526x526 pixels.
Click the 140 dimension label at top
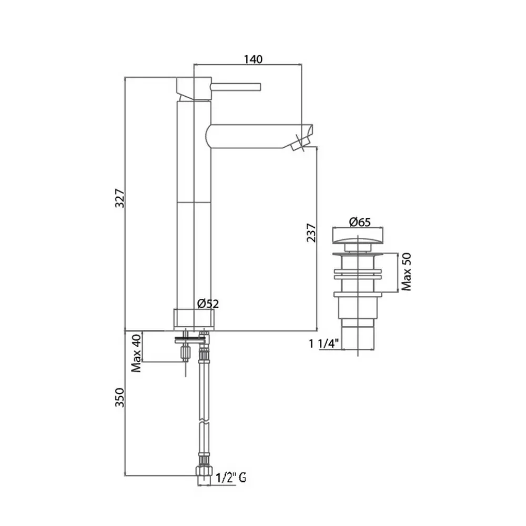click(x=253, y=59)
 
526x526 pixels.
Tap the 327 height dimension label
click(x=120, y=199)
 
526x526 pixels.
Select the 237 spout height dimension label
click(x=311, y=232)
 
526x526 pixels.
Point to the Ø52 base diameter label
click(x=208, y=304)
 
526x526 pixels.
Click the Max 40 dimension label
click(x=136, y=353)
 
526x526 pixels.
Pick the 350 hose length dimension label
click(x=120, y=398)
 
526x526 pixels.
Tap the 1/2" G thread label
click(x=231, y=477)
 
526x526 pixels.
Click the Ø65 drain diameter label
click(x=360, y=222)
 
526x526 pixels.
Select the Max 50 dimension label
click(x=406, y=272)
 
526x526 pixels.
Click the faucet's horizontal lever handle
click(x=236, y=87)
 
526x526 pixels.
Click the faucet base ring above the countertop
click(x=194, y=320)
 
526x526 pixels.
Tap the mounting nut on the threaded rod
click(x=186, y=353)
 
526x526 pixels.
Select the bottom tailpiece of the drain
click(x=358, y=338)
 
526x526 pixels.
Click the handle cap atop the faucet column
click(x=194, y=88)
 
